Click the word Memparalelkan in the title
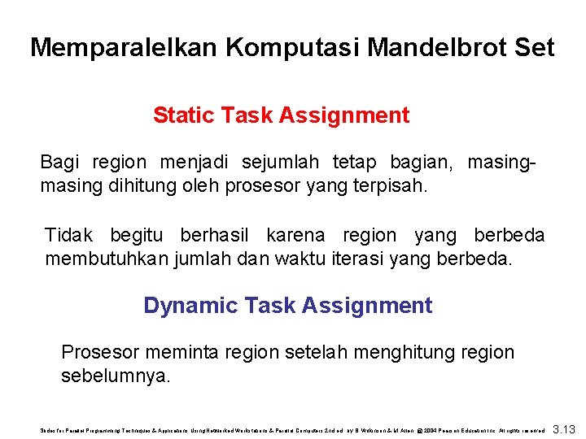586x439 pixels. (x=124, y=47)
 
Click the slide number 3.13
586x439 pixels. (x=563, y=428)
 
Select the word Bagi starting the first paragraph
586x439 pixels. (x=59, y=162)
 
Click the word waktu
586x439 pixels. (x=303, y=259)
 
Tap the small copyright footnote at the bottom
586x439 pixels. (x=292, y=428)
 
